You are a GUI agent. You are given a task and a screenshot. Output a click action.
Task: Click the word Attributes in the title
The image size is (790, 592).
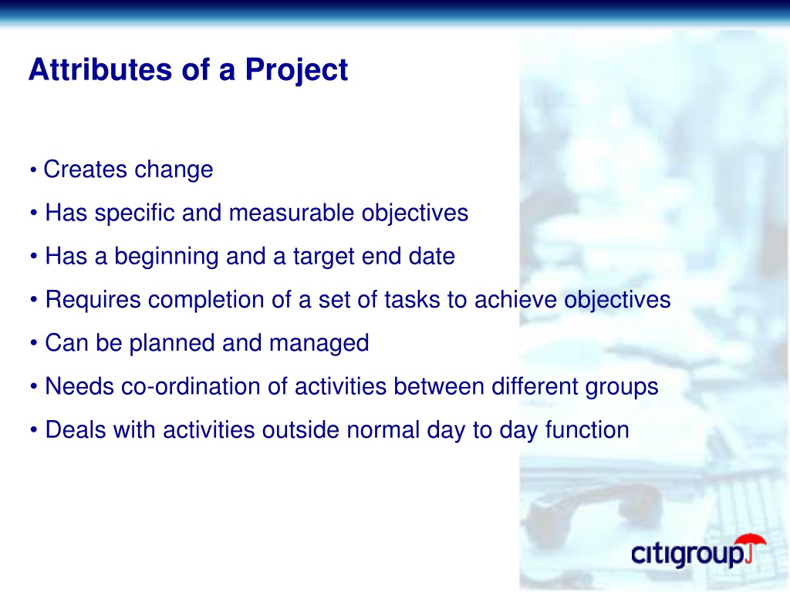100,69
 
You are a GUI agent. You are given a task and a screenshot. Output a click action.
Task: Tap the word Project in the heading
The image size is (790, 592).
296,70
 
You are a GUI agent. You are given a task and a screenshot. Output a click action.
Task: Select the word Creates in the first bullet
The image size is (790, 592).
85,169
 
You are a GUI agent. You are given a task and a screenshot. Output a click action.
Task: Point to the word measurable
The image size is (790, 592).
291,213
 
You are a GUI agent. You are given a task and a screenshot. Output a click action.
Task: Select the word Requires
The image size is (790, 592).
93,300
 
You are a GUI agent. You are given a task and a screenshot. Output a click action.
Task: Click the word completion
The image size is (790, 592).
206,300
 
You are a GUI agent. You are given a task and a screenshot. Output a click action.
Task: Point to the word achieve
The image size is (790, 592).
515,300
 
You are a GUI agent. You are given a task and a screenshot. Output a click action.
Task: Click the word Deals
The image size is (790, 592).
76,430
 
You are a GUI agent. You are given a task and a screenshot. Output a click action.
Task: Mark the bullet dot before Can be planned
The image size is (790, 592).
34,343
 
